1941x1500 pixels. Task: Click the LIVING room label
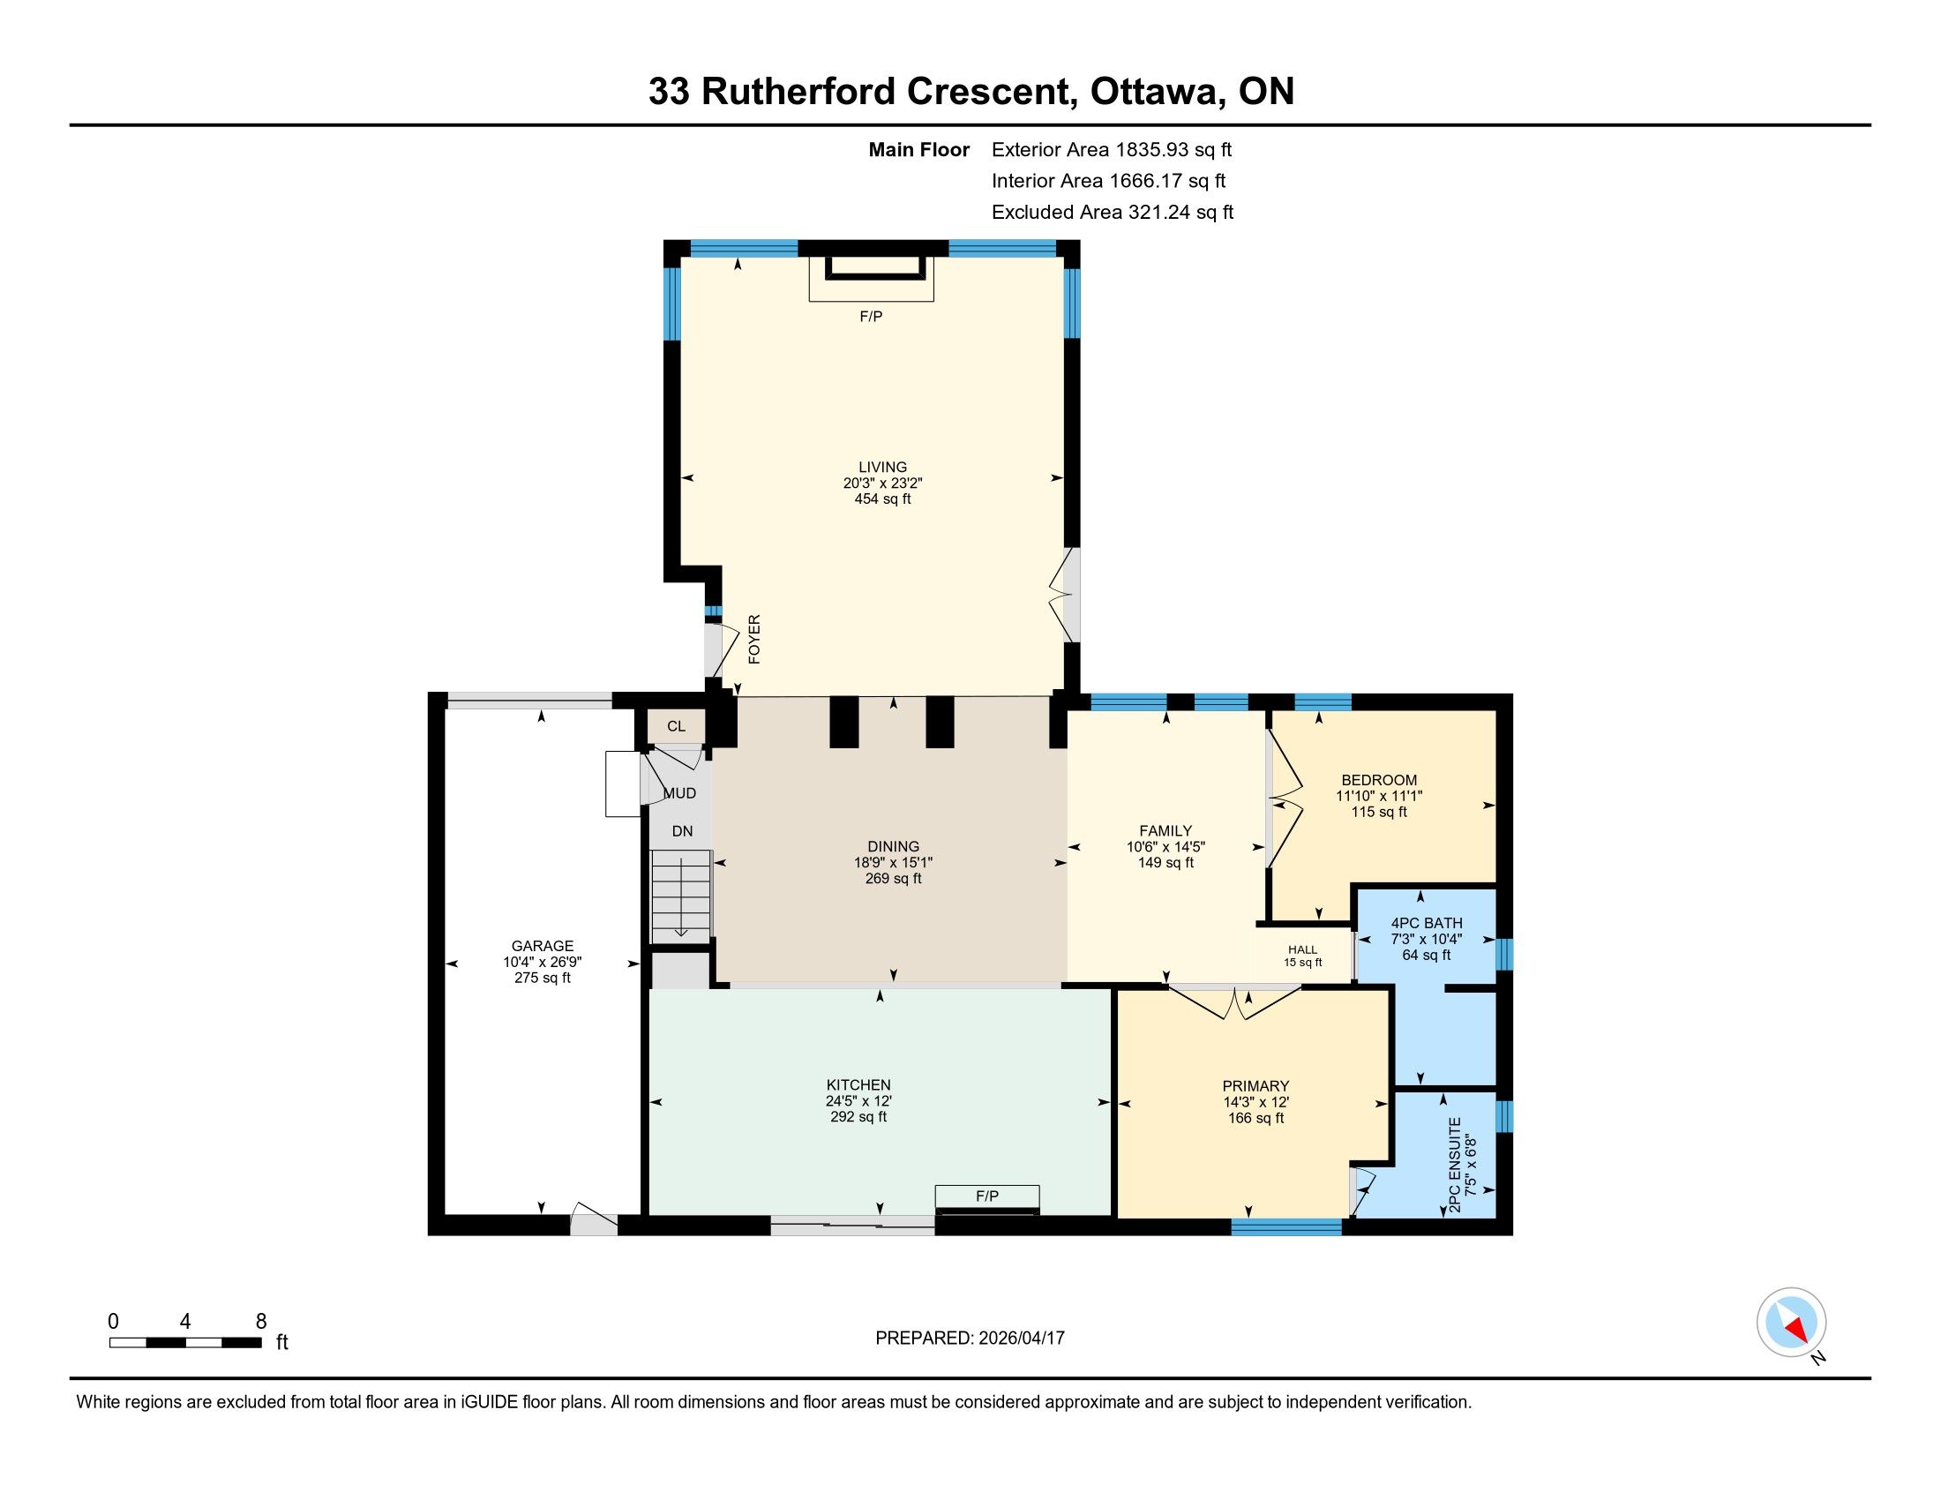[x=882, y=467]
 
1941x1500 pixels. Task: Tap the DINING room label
[x=893, y=846]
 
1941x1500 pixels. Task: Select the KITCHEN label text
[x=858, y=1085]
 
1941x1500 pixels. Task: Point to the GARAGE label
[x=542, y=947]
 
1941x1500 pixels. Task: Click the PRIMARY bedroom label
[x=1255, y=1086]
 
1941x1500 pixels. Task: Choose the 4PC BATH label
[x=1427, y=923]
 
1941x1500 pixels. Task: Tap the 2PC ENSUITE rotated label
[x=1455, y=1165]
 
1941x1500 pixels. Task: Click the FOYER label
[x=754, y=639]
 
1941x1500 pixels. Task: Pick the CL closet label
[x=677, y=726]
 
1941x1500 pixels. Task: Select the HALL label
[x=1303, y=950]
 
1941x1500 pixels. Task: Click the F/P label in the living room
[x=871, y=317]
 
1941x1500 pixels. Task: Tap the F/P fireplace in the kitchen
[x=986, y=1200]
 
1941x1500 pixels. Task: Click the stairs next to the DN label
[x=682, y=896]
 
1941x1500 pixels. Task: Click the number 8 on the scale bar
[x=261, y=1322]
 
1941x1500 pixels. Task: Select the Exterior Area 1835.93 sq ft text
[x=1112, y=149]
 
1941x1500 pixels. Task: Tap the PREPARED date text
[x=970, y=1339]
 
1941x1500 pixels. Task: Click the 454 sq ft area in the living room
[x=882, y=499]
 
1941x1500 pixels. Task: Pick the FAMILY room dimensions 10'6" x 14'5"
[x=1166, y=847]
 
